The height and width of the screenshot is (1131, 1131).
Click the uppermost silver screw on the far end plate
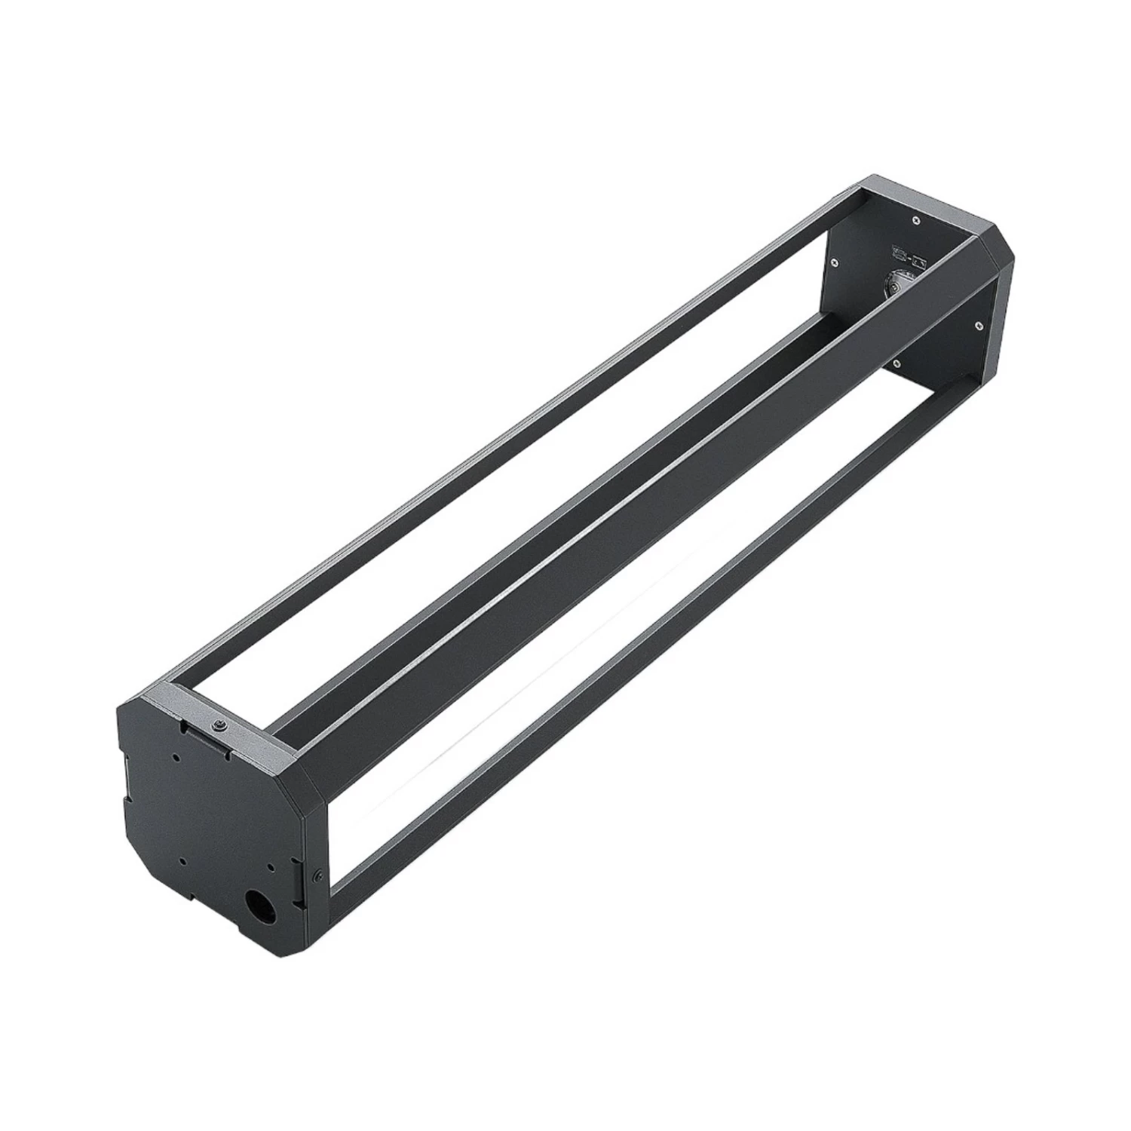tap(915, 221)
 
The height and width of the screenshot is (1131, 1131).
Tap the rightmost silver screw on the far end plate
tap(977, 325)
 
